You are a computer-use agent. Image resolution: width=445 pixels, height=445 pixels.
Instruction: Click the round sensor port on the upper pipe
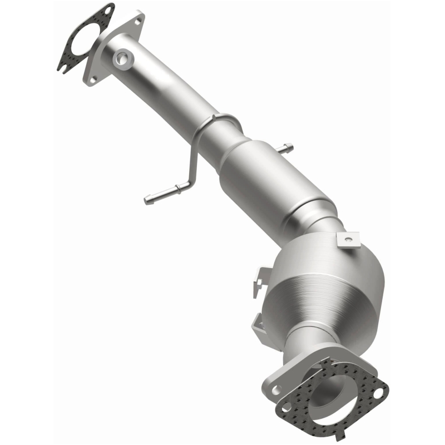[x=122, y=57]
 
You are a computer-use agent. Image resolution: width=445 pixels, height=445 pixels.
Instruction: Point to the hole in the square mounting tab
[x=348, y=240]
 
